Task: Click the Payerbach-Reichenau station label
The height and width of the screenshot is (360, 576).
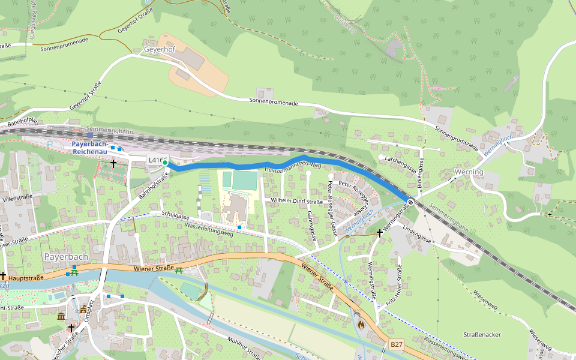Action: tap(90, 148)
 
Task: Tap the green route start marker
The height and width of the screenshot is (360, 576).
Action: tap(165, 163)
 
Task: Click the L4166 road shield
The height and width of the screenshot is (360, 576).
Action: tap(156, 160)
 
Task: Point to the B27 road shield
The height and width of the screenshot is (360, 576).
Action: tap(397, 344)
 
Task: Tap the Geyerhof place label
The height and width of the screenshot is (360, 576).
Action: tap(159, 49)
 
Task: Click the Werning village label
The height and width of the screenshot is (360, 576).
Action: tap(469, 172)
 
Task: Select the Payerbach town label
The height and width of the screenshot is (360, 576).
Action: tap(66, 256)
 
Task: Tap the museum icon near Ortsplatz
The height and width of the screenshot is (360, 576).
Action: tap(61, 316)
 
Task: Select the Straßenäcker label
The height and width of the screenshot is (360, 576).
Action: tap(482, 334)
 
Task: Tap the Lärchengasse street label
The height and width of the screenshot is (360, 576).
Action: tap(401, 159)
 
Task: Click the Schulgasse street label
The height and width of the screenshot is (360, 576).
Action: tap(175, 215)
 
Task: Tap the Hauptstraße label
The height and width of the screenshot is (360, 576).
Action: tap(26, 278)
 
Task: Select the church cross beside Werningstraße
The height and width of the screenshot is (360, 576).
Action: tap(379, 233)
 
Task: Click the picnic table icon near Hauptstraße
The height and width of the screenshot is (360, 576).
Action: tap(74, 272)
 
